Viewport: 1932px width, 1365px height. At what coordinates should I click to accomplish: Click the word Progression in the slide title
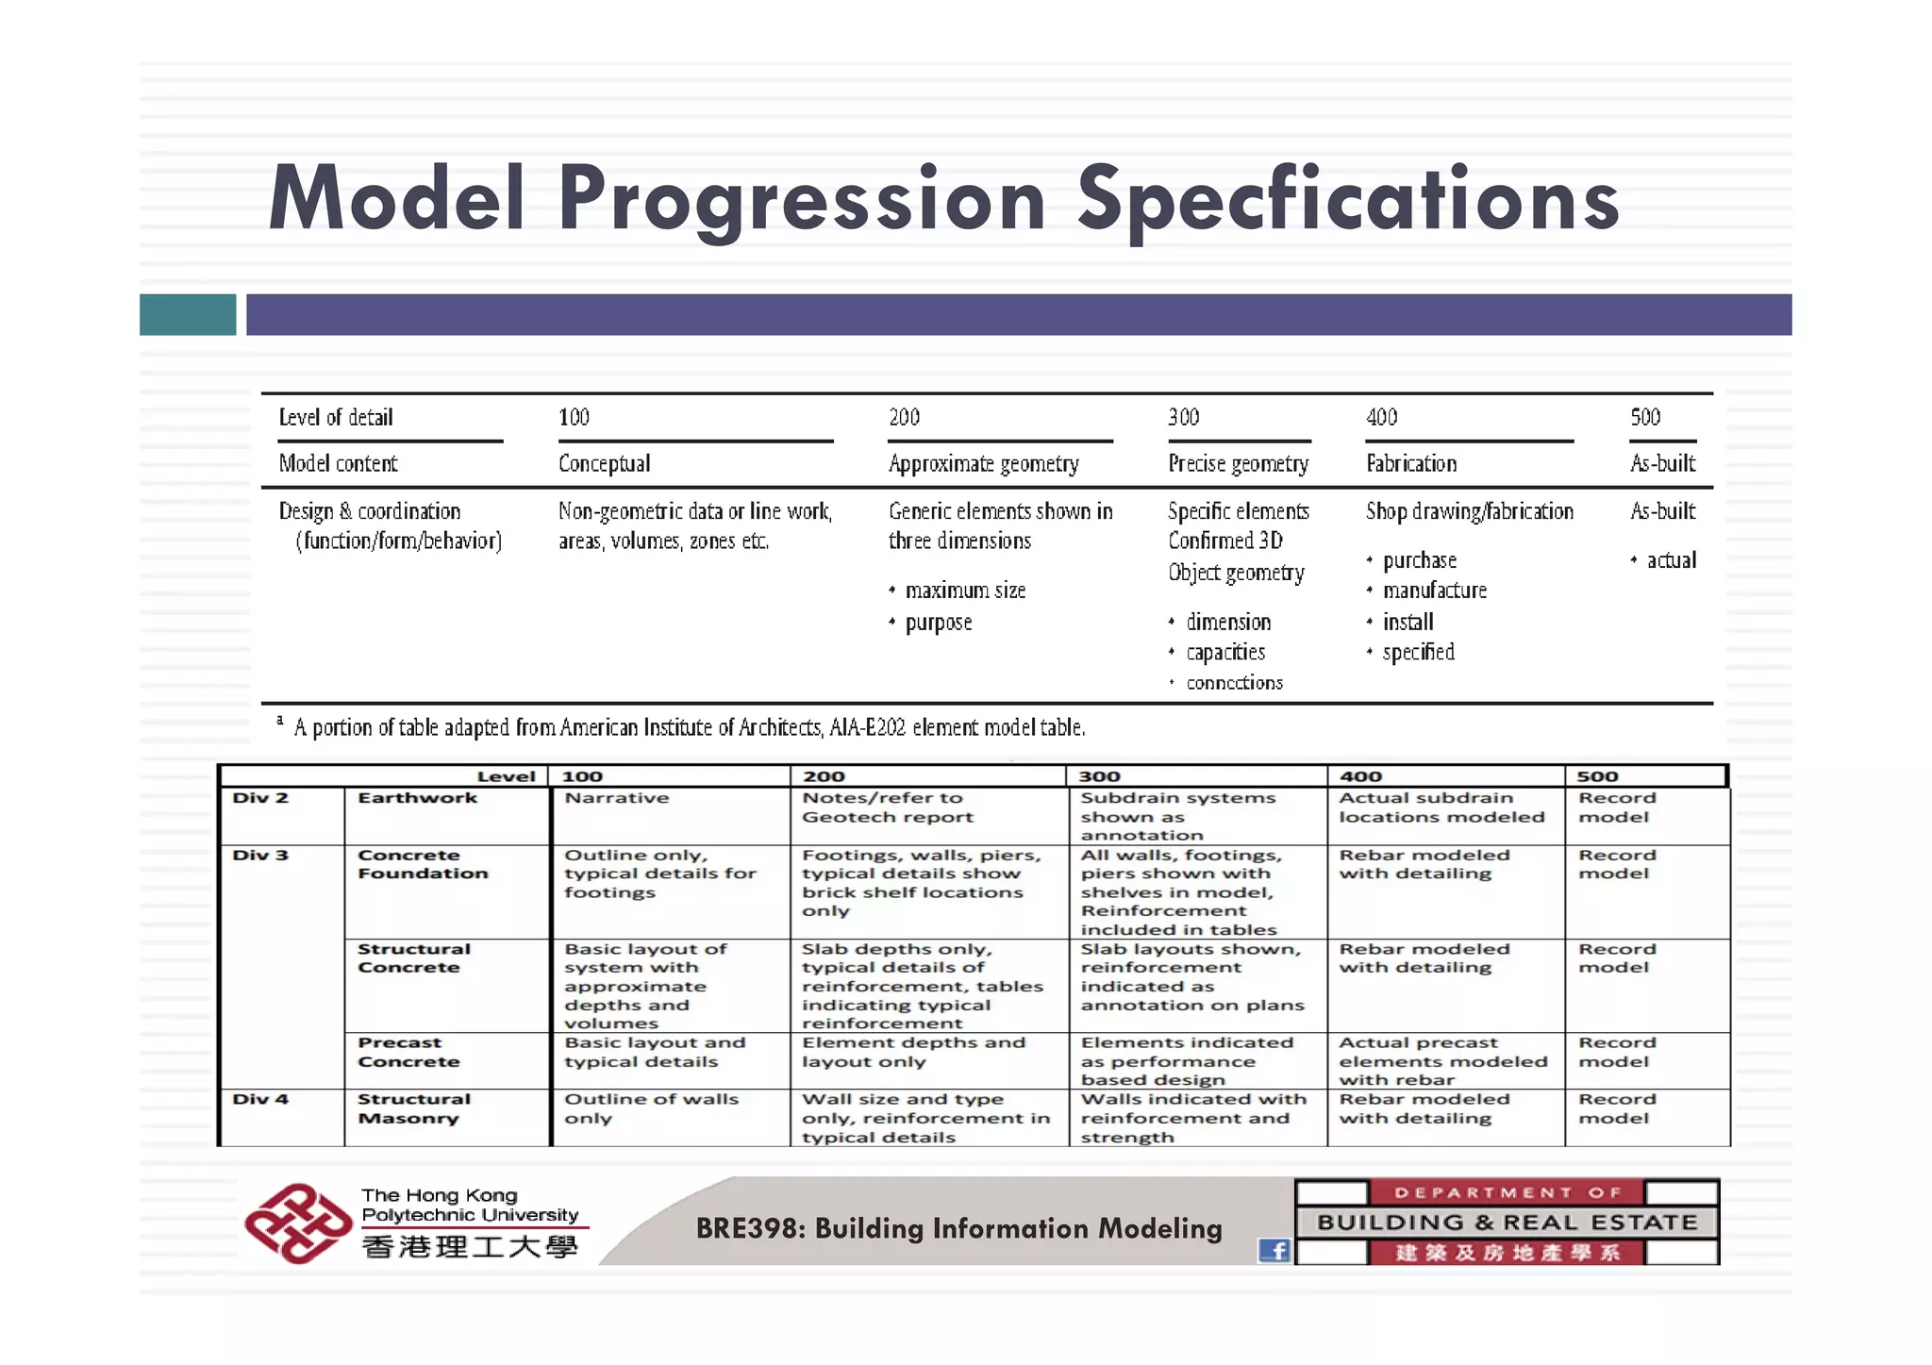(x=801, y=199)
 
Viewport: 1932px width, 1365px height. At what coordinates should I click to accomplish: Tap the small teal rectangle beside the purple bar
(x=188, y=314)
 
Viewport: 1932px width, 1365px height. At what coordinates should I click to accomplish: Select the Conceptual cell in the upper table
(x=604, y=463)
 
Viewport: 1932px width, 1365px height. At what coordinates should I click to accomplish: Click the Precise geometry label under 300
(x=1238, y=463)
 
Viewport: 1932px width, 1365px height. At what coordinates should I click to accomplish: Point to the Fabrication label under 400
(x=1411, y=463)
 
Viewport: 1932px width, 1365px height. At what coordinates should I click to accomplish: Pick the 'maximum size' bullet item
(x=965, y=591)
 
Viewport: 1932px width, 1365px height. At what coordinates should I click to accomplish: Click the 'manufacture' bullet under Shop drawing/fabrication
(x=1434, y=591)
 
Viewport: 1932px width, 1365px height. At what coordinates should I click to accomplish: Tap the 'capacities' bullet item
(x=1225, y=652)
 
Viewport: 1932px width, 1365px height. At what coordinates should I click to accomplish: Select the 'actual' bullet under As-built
(x=1671, y=560)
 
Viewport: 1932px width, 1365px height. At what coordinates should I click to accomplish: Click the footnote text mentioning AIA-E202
(x=690, y=727)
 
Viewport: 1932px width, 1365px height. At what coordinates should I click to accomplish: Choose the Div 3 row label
(x=260, y=856)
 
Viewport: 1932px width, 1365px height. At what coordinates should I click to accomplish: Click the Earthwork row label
(x=417, y=798)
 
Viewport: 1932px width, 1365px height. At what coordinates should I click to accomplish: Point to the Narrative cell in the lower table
(x=617, y=798)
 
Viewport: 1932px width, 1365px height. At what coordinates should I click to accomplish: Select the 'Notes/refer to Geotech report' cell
(x=887, y=807)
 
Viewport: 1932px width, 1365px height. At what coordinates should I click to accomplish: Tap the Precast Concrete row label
(x=408, y=1052)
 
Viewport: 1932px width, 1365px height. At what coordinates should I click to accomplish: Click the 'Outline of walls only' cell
(x=651, y=1108)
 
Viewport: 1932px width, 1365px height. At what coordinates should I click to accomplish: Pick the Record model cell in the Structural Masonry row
(x=1617, y=1108)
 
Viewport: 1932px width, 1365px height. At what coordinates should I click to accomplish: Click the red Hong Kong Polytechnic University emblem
(x=297, y=1224)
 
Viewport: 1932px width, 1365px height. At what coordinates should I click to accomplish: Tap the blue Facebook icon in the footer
(x=1274, y=1251)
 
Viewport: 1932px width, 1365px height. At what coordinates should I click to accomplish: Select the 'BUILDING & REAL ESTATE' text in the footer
(x=1507, y=1223)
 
